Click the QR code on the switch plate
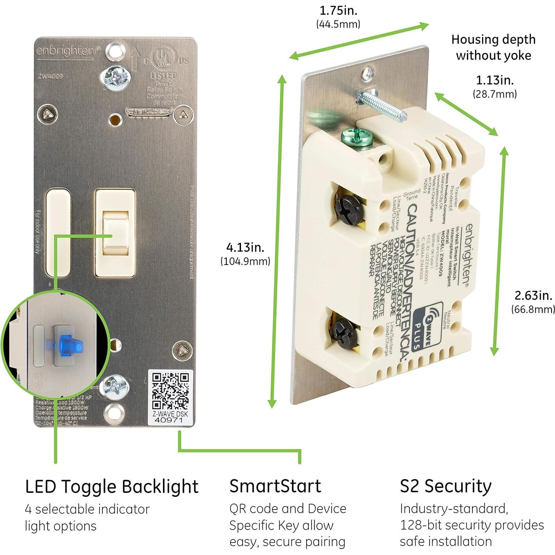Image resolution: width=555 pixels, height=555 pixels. tap(170, 391)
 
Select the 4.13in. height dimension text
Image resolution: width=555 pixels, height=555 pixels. tap(245, 247)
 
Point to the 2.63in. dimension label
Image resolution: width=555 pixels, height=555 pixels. tap(533, 295)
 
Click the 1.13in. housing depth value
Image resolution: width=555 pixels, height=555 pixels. tap(494, 80)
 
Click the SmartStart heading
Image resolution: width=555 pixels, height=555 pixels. tap(275, 486)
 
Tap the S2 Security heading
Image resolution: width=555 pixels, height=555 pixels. tap(445, 486)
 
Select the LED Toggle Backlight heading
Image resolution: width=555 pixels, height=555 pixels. tap(112, 487)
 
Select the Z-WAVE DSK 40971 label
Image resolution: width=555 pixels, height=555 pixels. tap(170, 417)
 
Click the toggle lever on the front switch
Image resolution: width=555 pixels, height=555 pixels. tap(115, 231)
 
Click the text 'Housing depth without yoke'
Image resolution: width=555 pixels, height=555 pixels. tap(493, 47)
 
